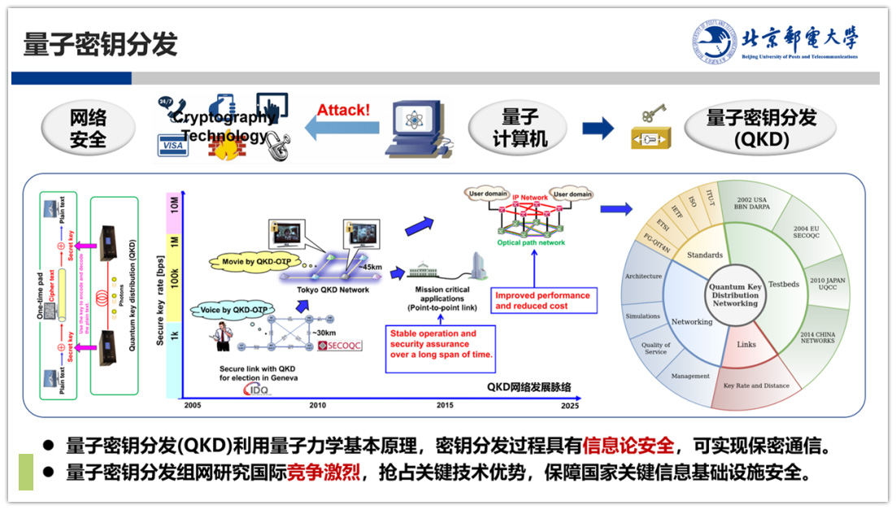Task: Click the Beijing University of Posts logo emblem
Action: pos(715,41)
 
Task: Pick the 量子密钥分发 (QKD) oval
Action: pos(761,129)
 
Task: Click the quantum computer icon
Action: pos(417,128)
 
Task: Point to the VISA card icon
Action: pos(172,146)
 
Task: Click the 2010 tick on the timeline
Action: pos(317,405)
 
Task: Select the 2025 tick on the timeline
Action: pos(570,405)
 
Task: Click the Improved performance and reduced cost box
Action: pos(543,300)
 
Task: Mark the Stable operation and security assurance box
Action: pos(439,345)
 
